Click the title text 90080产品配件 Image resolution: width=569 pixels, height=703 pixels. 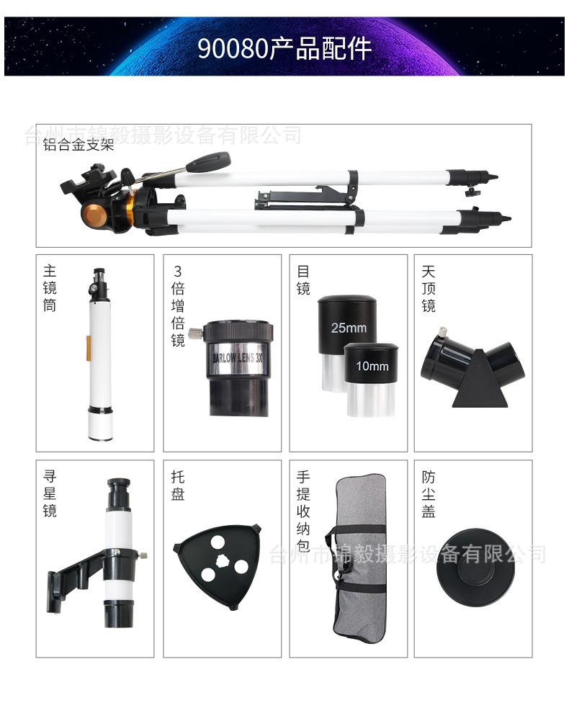(284, 48)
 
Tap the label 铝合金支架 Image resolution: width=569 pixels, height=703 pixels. (79, 145)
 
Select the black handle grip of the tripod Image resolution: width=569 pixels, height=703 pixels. (208, 161)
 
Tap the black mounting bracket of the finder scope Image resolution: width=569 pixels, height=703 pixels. (72, 576)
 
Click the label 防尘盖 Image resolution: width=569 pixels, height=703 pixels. (429, 494)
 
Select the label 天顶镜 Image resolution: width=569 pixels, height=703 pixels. (429, 288)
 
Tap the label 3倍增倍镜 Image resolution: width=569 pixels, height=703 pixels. (178, 305)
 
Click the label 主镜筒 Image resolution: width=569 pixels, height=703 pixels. (50, 288)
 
